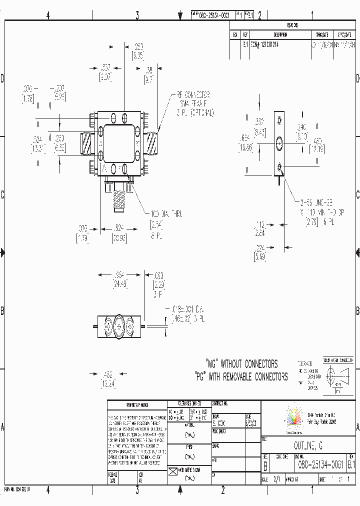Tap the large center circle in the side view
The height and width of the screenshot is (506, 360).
click(x=278, y=144)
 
